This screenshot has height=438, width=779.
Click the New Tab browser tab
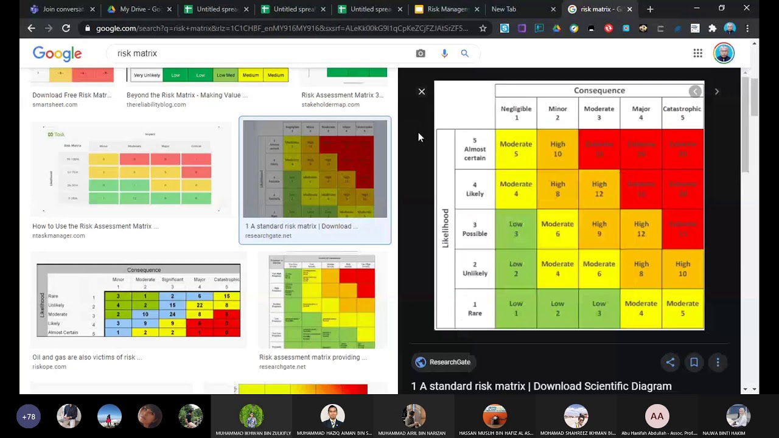coord(504,9)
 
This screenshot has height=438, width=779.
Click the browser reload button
coord(66,28)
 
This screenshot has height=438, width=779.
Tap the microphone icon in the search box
coord(444,54)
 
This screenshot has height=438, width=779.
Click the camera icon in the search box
coord(421,54)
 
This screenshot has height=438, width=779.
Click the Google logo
coord(57,54)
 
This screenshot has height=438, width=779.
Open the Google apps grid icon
coord(698,54)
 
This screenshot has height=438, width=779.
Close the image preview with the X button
coord(422,91)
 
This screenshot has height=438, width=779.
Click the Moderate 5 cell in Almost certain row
coord(515,149)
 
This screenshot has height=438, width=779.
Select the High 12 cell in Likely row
coord(599,189)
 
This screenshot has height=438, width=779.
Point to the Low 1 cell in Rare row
coord(515,308)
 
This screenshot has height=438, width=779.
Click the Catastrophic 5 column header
coord(682,113)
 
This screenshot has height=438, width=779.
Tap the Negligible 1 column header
coord(516,113)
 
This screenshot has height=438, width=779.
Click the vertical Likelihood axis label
coord(445,228)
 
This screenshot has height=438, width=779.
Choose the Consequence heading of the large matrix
coord(599,91)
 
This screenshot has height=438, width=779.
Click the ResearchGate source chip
coord(443,362)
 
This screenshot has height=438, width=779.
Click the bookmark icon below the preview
coord(694,362)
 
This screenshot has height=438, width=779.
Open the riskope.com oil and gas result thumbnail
coord(138,300)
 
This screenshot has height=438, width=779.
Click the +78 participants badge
coord(29,417)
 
